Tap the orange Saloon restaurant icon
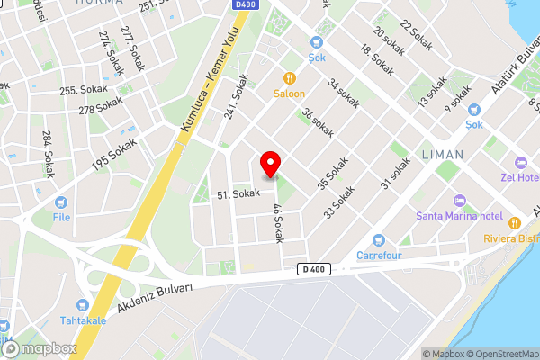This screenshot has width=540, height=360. tap(290, 78)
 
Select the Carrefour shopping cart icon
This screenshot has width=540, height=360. tap(379, 240)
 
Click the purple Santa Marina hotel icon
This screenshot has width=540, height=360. tap(459, 200)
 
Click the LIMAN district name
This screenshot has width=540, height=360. tap(442, 155)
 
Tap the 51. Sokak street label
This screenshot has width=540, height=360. tap(238, 194)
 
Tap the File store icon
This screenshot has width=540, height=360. tap(61, 203)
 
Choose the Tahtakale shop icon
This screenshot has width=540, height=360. tap(83, 305)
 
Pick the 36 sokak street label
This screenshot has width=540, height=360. tap(318, 123)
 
